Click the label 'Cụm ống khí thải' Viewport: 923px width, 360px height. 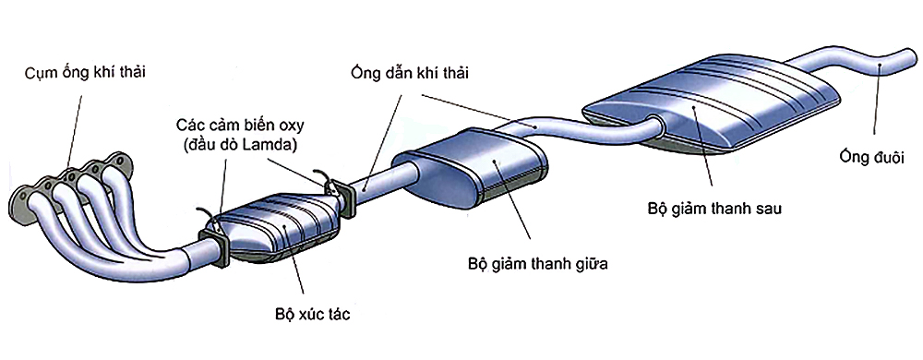(x=85, y=71)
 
